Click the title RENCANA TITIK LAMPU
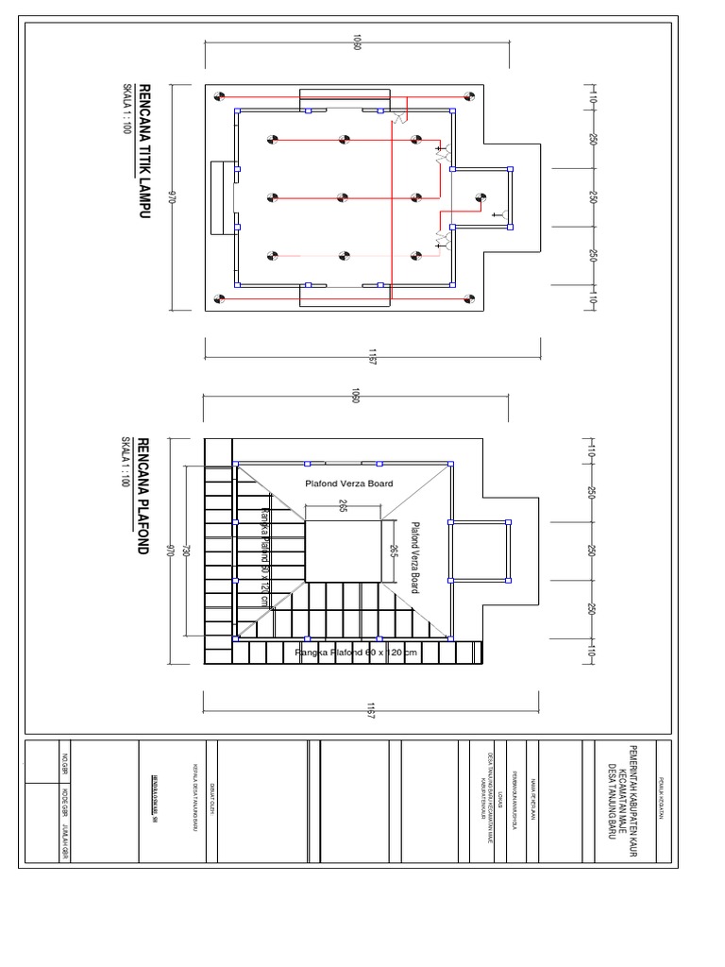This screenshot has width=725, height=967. (144, 152)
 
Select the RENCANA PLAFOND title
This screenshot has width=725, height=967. (144, 496)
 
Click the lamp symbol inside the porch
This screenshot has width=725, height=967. (481, 197)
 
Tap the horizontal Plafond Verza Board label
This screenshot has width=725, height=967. (348, 483)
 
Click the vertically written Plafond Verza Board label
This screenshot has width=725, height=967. (414, 557)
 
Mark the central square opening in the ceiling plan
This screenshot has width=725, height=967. (343, 551)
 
